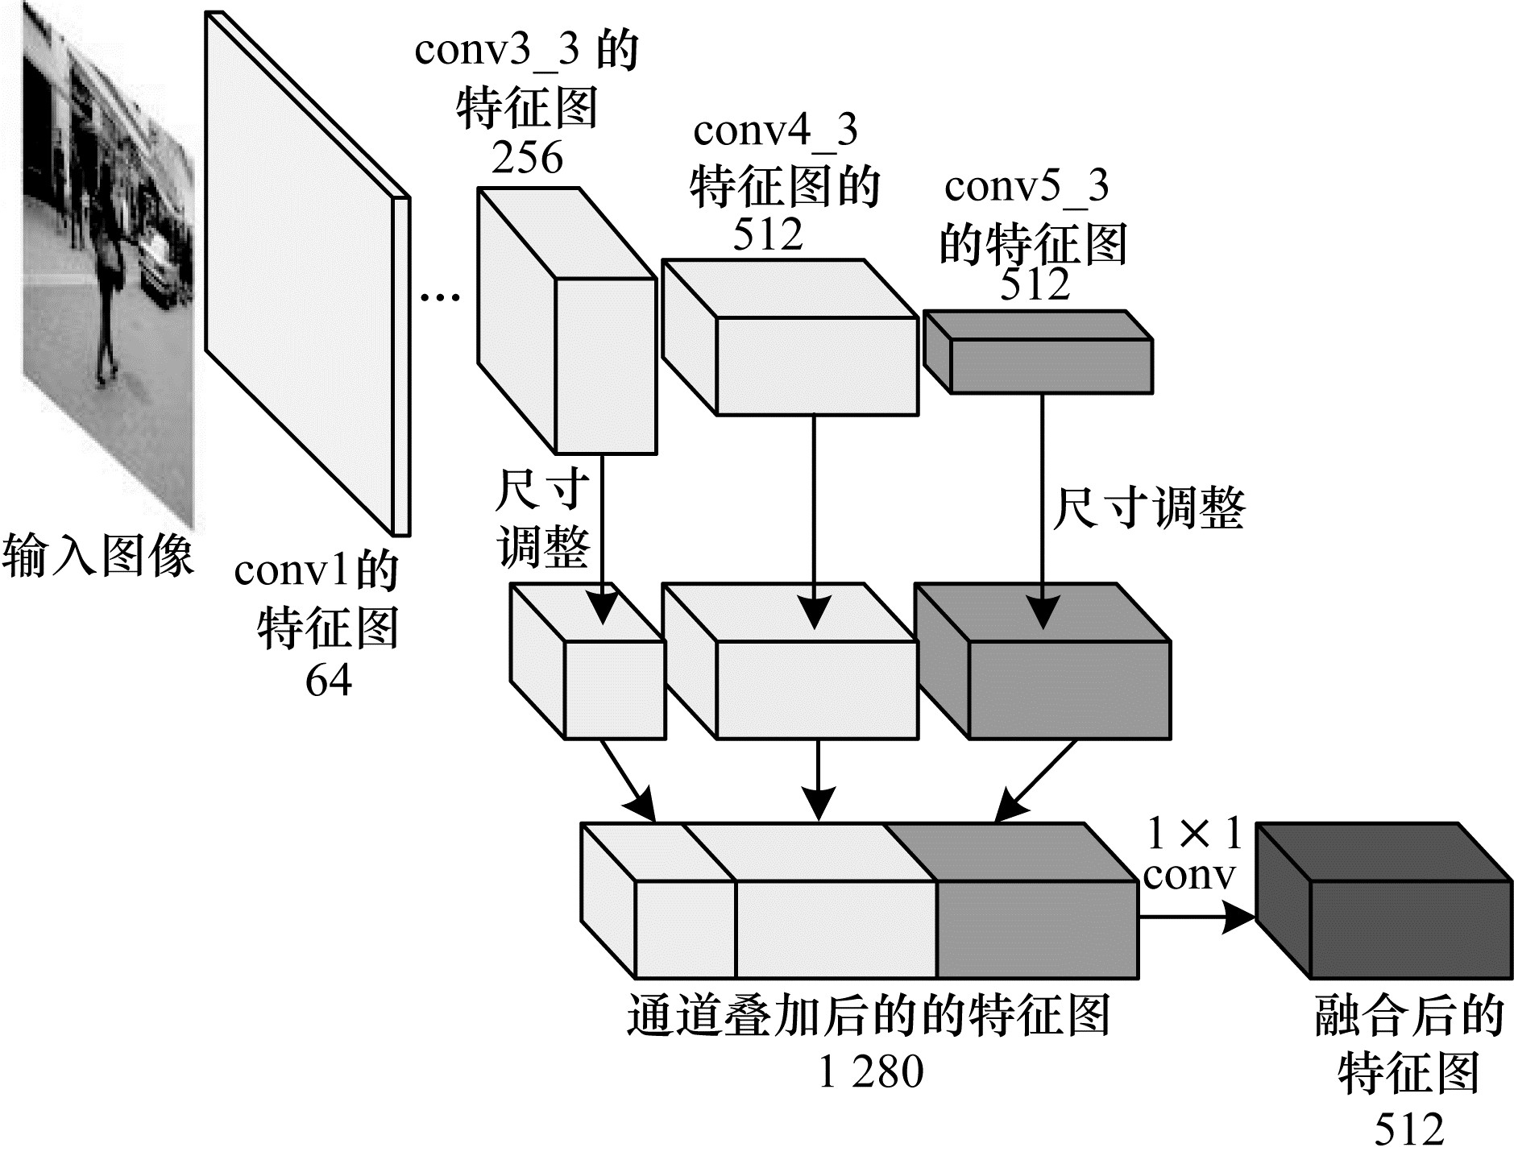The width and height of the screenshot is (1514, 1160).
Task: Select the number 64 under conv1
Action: click(328, 681)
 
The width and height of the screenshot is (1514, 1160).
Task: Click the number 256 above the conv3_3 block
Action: click(527, 158)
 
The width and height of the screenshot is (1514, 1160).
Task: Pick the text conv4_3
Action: click(774, 130)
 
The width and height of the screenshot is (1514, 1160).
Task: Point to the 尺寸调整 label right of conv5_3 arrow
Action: click(1148, 508)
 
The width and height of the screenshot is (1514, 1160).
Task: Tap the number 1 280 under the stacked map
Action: click(870, 1072)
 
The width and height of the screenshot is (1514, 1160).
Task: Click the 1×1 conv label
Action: click(1191, 855)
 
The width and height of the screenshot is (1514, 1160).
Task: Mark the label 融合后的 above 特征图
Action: click(1408, 1016)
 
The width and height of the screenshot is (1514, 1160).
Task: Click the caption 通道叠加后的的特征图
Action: click(869, 1016)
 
